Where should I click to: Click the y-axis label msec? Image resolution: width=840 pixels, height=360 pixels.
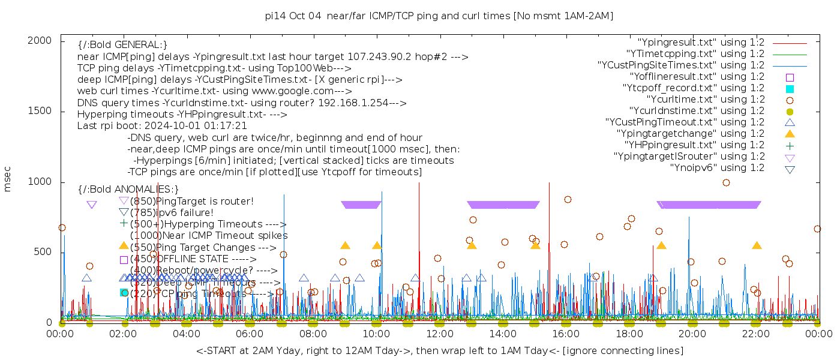point(8,179)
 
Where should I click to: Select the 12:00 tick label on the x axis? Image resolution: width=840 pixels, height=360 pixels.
point(440,334)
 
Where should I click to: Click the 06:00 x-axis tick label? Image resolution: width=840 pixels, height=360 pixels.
point(250,334)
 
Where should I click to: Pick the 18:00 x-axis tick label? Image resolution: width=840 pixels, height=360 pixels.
point(629,334)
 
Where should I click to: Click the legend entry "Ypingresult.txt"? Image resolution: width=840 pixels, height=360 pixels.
point(701,43)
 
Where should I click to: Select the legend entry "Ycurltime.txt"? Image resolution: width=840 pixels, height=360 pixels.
point(706,100)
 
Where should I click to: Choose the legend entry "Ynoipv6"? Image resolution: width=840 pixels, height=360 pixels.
point(717,168)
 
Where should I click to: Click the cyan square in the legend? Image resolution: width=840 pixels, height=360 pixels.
point(790,89)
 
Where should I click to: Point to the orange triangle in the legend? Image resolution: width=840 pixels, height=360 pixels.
point(790,134)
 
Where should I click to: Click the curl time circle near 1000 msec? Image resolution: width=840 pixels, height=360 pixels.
point(726,182)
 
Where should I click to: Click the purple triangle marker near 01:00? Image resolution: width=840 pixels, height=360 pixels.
point(92,205)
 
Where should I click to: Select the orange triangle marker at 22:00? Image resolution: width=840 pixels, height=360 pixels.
point(757,246)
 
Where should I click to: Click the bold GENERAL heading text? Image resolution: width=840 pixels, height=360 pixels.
point(122,46)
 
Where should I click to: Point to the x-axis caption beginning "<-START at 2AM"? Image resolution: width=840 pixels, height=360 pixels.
point(439,350)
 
